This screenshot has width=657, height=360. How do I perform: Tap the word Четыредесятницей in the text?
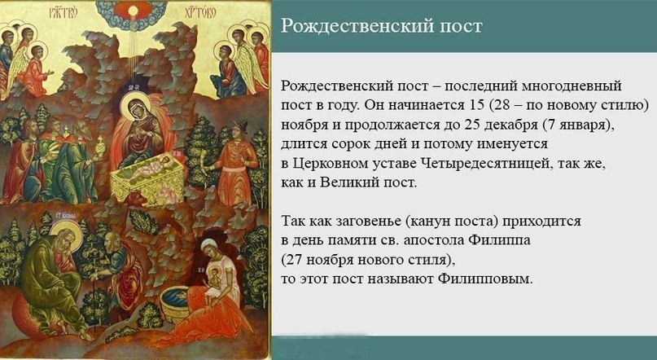tap(478, 164)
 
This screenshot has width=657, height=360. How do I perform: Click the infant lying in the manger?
tap(150, 166)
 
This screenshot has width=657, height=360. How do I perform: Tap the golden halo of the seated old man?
tap(67, 235)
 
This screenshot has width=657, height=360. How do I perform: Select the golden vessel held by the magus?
tap(99, 147)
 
